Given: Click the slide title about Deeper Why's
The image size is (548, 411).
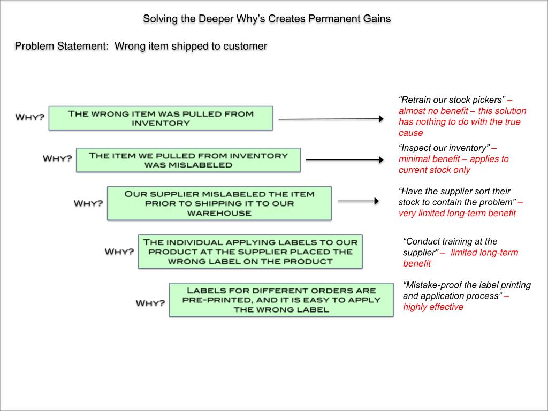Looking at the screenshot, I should point(267,19).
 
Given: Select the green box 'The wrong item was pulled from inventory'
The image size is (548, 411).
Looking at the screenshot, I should point(161,118).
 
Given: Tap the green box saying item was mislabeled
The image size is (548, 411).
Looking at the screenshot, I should point(188,160).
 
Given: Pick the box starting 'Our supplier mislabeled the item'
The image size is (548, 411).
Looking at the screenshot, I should point(219,203).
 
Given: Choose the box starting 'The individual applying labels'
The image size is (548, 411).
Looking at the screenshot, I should point(250,252).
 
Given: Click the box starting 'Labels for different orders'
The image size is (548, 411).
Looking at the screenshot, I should point(281,300).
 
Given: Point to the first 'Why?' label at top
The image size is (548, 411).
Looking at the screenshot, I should point(30,117).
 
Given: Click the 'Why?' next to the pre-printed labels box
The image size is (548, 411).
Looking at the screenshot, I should point(150,303).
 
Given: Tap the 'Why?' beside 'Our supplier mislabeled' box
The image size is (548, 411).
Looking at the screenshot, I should point(88,203).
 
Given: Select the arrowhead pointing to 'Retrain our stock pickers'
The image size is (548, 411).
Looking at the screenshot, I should point(380,119).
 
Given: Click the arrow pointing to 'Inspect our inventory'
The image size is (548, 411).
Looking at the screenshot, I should point(345,159).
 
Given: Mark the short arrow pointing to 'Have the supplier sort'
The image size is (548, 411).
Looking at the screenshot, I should point(358,201).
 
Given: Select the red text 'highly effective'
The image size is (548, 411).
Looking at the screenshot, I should point(433,307).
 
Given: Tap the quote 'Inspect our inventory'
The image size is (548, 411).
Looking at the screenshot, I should point(444,148).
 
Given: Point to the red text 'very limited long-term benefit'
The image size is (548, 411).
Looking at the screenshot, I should point(457,214).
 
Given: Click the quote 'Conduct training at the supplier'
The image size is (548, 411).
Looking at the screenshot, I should point(450,247).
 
